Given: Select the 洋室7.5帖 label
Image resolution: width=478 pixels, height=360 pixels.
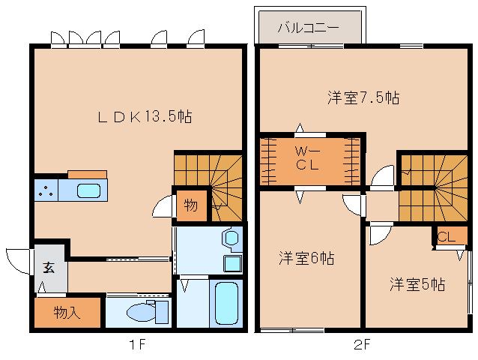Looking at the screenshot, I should (x=363, y=97).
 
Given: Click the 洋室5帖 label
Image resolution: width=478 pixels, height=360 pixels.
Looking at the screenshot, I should (x=417, y=284).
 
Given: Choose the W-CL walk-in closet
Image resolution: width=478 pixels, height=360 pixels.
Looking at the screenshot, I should (x=307, y=160).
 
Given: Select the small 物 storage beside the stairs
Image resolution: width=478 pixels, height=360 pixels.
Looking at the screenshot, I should (x=190, y=205).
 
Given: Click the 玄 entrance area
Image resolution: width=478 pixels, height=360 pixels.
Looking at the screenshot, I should (x=49, y=268).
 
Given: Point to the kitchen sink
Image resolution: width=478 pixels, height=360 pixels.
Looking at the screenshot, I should (x=88, y=190).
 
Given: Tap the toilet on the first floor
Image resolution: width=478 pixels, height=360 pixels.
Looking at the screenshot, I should (x=142, y=311).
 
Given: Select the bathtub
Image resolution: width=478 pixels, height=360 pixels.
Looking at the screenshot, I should (x=224, y=303).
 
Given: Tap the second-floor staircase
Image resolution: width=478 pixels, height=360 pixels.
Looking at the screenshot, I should (x=432, y=187).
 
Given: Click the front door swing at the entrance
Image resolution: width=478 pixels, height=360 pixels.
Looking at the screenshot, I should (x=16, y=259).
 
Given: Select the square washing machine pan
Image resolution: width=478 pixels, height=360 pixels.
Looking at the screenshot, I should (x=232, y=263).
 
